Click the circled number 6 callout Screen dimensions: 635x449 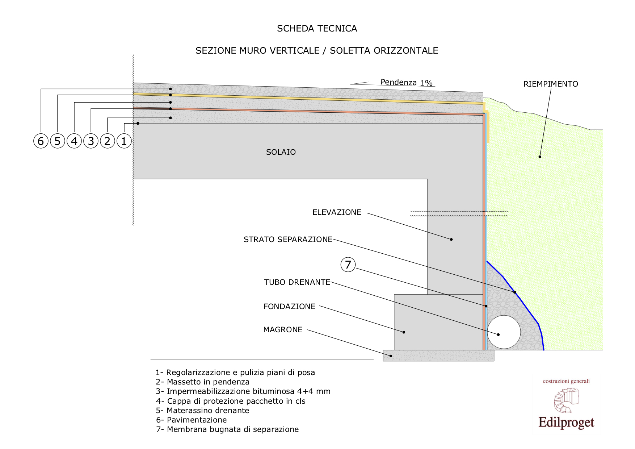pyautogui.click(x=41, y=141)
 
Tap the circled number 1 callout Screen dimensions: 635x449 pyautogui.click(x=124, y=141)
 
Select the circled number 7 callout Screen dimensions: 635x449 pyautogui.click(x=348, y=265)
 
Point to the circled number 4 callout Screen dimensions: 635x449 pyautogui.click(x=74, y=141)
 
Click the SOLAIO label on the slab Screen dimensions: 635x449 pyautogui.click(x=281, y=152)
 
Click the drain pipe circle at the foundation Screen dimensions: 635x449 pyautogui.click(x=504, y=332)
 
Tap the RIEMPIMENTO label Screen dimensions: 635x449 pyautogui.click(x=551, y=84)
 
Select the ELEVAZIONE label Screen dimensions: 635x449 pyautogui.click(x=337, y=212)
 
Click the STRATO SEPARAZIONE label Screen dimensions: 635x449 pyautogui.click(x=288, y=240)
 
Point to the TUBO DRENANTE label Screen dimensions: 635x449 pyautogui.click(x=297, y=282)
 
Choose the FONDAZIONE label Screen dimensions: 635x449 pyautogui.click(x=289, y=307)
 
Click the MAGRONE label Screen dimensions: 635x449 pyautogui.click(x=283, y=330)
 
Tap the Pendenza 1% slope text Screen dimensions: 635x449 pyautogui.click(x=407, y=83)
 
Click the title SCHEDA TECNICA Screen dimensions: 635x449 pyautogui.click(x=317, y=29)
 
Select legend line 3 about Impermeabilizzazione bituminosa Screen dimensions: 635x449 pyautogui.click(x=243, y=391)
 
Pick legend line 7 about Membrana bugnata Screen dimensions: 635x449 pyautogui.click(x=227, y=429)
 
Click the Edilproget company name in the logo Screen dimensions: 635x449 pyautogui.click(x=566, y=423)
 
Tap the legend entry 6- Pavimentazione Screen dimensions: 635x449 pyautogui.click(x=192, y=420)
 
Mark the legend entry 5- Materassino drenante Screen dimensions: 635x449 pyautogui.click(x=203, y=411)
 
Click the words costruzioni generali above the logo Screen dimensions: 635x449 pyautogui.click(x=566, y=381)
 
